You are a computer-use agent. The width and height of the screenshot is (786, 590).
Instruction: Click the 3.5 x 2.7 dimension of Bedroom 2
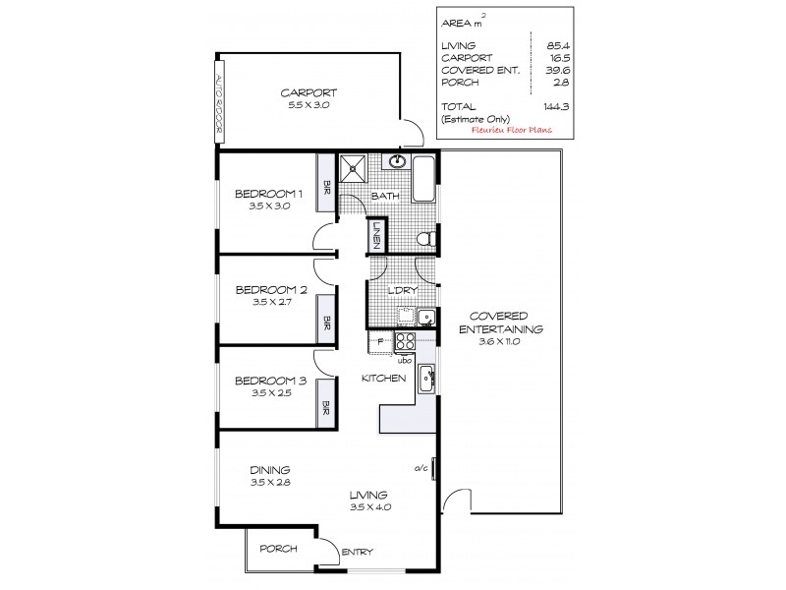pos(271,303)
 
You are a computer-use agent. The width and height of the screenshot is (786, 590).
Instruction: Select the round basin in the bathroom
pos(397,162)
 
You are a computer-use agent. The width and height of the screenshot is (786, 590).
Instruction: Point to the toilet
pos(425,239)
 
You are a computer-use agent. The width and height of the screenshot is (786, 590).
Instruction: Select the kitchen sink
pos(426,377)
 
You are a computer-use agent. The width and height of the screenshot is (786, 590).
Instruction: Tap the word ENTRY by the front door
pos(355,553)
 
